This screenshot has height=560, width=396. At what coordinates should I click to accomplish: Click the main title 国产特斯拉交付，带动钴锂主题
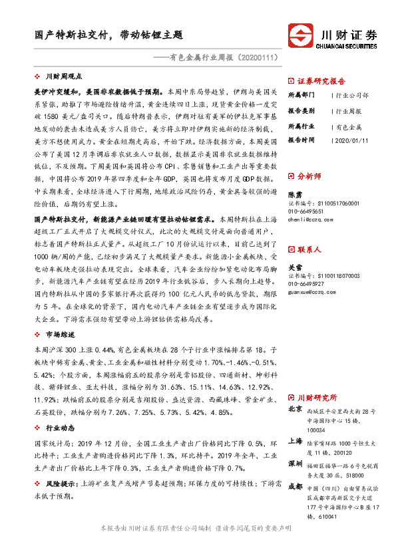coord(109,35)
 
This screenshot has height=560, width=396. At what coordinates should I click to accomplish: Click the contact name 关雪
coord(294,267)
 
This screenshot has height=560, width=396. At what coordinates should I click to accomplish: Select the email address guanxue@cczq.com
coord(312,291)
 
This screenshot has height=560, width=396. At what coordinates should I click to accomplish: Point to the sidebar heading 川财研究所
coord(316,397)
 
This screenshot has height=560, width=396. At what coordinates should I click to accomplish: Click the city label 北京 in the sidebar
coord(296,411)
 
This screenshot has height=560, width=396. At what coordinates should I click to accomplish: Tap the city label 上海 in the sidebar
coord(296,441)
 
